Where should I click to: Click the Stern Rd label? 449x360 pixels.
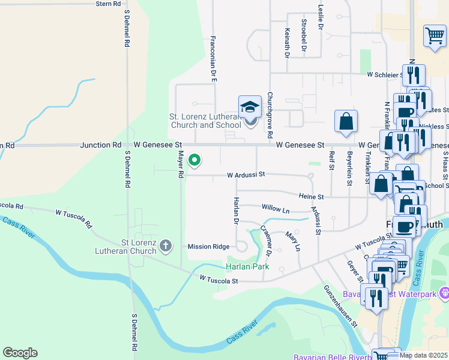108,4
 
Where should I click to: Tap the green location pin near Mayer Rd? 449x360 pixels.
194,160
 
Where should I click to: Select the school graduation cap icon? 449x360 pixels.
250,108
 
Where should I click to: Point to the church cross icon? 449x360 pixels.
165,246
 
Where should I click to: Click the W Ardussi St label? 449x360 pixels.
246,175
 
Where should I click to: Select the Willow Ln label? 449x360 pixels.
276,209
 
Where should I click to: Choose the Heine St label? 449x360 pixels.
312,196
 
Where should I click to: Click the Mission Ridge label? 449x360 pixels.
208,247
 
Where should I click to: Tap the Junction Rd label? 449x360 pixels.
102,145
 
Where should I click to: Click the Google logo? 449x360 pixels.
20,353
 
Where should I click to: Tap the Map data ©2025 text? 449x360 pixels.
424,355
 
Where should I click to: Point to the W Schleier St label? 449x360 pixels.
385,75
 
